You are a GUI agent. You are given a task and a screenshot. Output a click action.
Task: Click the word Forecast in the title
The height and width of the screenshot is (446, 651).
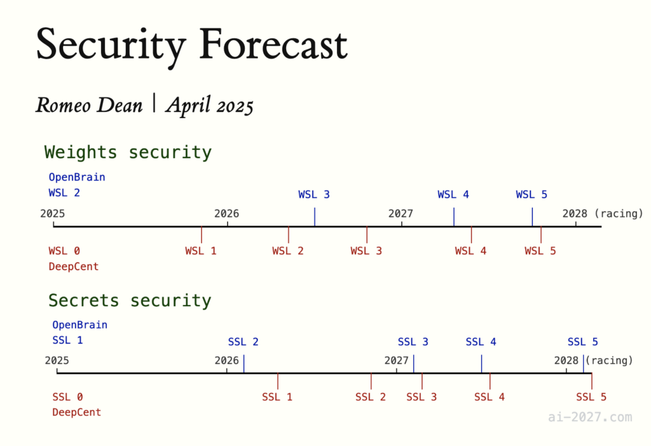(x=273, y=44)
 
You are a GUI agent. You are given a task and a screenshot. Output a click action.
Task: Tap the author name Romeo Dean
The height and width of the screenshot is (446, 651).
(x=89, y=105)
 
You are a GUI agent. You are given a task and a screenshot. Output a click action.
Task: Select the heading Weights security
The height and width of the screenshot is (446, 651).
(x=128, y=152)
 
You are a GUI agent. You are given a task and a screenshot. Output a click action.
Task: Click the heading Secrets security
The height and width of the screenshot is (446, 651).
(x=130, y=300)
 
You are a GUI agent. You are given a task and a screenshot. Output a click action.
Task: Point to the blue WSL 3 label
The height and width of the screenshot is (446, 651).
(x=314, y=194)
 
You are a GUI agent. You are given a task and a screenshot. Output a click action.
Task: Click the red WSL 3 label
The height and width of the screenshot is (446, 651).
(x=366, y=250)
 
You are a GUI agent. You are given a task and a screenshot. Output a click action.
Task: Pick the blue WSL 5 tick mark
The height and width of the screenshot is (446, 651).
(x=532, y=217)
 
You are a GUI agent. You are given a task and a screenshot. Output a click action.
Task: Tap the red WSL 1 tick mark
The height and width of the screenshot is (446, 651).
(x=202, y=234)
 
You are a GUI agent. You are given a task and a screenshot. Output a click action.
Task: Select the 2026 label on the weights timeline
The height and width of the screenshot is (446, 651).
(x=227, y=213)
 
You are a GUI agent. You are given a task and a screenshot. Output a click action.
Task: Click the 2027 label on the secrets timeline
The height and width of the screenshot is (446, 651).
(x=397, y=360)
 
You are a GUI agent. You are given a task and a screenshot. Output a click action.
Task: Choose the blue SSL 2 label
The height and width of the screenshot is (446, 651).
(x=243, y=341)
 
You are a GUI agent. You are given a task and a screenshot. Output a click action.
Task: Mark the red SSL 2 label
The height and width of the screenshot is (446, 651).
(x=371, y=396)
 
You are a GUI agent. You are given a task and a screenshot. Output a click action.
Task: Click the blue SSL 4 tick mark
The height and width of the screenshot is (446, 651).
(x=482, y=364)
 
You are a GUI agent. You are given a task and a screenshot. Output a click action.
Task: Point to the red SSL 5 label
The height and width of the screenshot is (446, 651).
(x=591, y=396)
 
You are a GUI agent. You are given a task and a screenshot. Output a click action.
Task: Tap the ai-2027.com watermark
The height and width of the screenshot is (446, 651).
(x=590, y=417)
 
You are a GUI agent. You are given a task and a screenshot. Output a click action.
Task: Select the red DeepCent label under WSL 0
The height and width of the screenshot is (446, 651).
(x=74, y=266)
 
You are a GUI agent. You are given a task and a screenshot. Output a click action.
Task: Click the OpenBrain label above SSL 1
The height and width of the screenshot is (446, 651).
(x=79, y=325)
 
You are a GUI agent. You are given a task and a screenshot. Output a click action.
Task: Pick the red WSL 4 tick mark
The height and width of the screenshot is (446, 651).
(x=471, y=234)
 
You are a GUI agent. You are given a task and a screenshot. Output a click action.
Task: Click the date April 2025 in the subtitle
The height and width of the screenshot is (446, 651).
(x=210, y=105)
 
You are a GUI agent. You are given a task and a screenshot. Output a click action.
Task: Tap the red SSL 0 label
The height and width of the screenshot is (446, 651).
(x=67, y=396)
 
